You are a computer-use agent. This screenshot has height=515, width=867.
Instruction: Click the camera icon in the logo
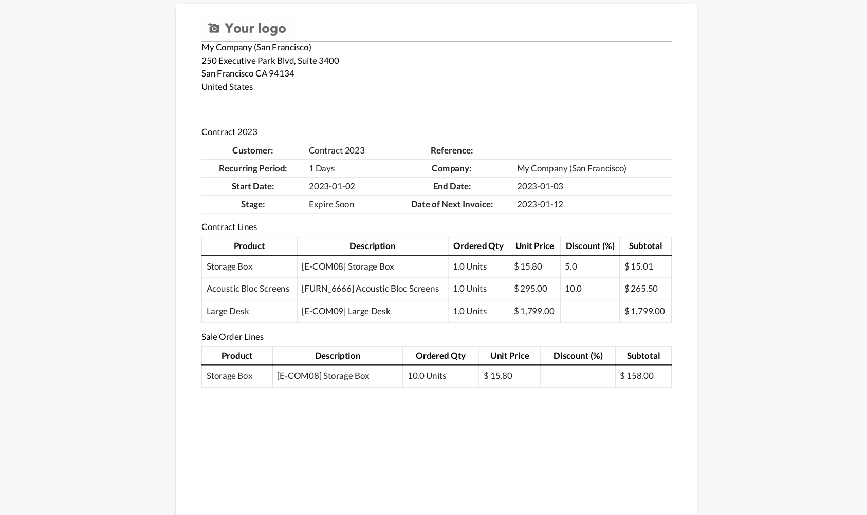pyautogui.click(x=214, y=28)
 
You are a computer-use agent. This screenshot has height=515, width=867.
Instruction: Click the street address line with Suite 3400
pyautogui.click(x=270, y=61)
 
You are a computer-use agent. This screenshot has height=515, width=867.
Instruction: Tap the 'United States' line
pyautogui.click(x=227, y=87)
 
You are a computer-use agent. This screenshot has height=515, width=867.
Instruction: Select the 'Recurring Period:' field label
pyautogui.click(x=252, y=168)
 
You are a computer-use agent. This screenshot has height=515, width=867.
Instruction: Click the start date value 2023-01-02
pyautogui.click(x=331, y=186)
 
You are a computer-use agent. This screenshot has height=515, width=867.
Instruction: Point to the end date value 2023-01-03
pyautogui.click(x=540, y=186)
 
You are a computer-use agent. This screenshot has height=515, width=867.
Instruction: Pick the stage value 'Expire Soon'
pyautogui.click(x=331, y=204)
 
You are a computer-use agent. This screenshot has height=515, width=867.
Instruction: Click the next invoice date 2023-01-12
pyautogui.click(x=540, y=204)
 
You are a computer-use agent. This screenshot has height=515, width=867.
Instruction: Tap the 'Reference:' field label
pyautogui.click(x=451, y=150)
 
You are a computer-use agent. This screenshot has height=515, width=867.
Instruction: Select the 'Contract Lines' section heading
pyautogui.click(x=229, y=227)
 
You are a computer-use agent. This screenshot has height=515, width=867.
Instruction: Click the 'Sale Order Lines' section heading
pyautogui.click(x=232, y=337)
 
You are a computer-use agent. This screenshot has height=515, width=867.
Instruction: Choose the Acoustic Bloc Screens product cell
pyautogui.click(x=248, y=289)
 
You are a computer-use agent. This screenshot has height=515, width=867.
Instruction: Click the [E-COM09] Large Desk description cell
pyautogui.click(x=345, y=311)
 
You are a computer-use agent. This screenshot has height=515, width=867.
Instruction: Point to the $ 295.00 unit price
pyautogui.click(x=530, y=289)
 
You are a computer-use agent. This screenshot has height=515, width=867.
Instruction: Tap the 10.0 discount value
pyautogui.click(x=573, y=289)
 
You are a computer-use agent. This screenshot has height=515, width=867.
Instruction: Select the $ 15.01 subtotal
pyautogui.click(x=638, y=266)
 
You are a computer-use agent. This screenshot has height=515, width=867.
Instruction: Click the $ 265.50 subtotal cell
pyautogui.click(x=641, y=289)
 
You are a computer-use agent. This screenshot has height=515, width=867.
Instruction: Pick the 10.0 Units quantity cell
pyautogui.click(x=427, y=376)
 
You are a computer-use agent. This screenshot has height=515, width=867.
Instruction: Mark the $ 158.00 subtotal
pyautogui.click(x=636, y=376)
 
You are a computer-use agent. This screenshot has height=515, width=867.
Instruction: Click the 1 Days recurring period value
pyautogui.click(x=321, y=168)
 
